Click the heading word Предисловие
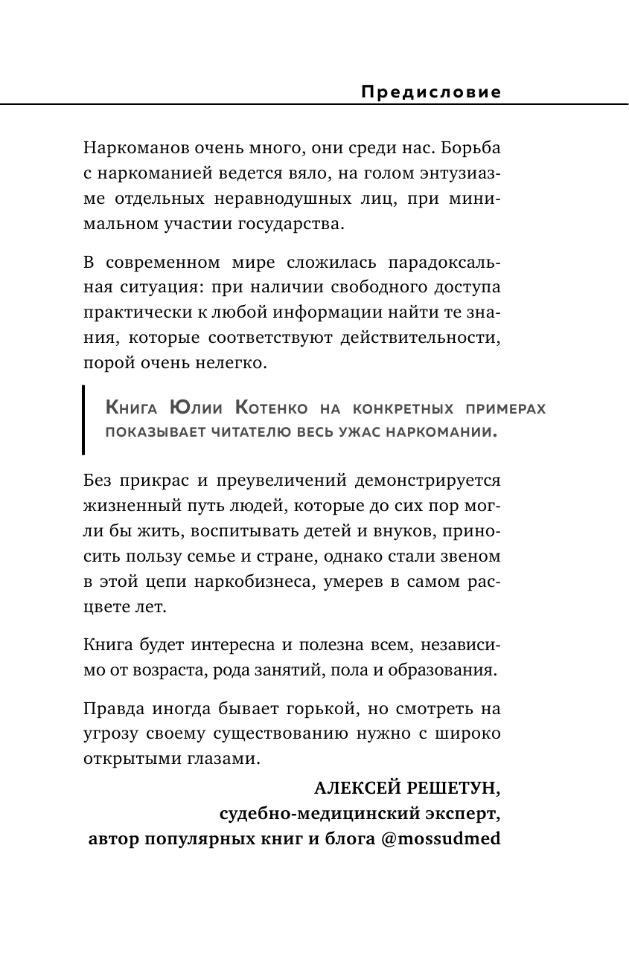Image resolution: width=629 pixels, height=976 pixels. click(430, 91)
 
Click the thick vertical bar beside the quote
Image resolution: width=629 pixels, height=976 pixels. click(83, 420)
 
